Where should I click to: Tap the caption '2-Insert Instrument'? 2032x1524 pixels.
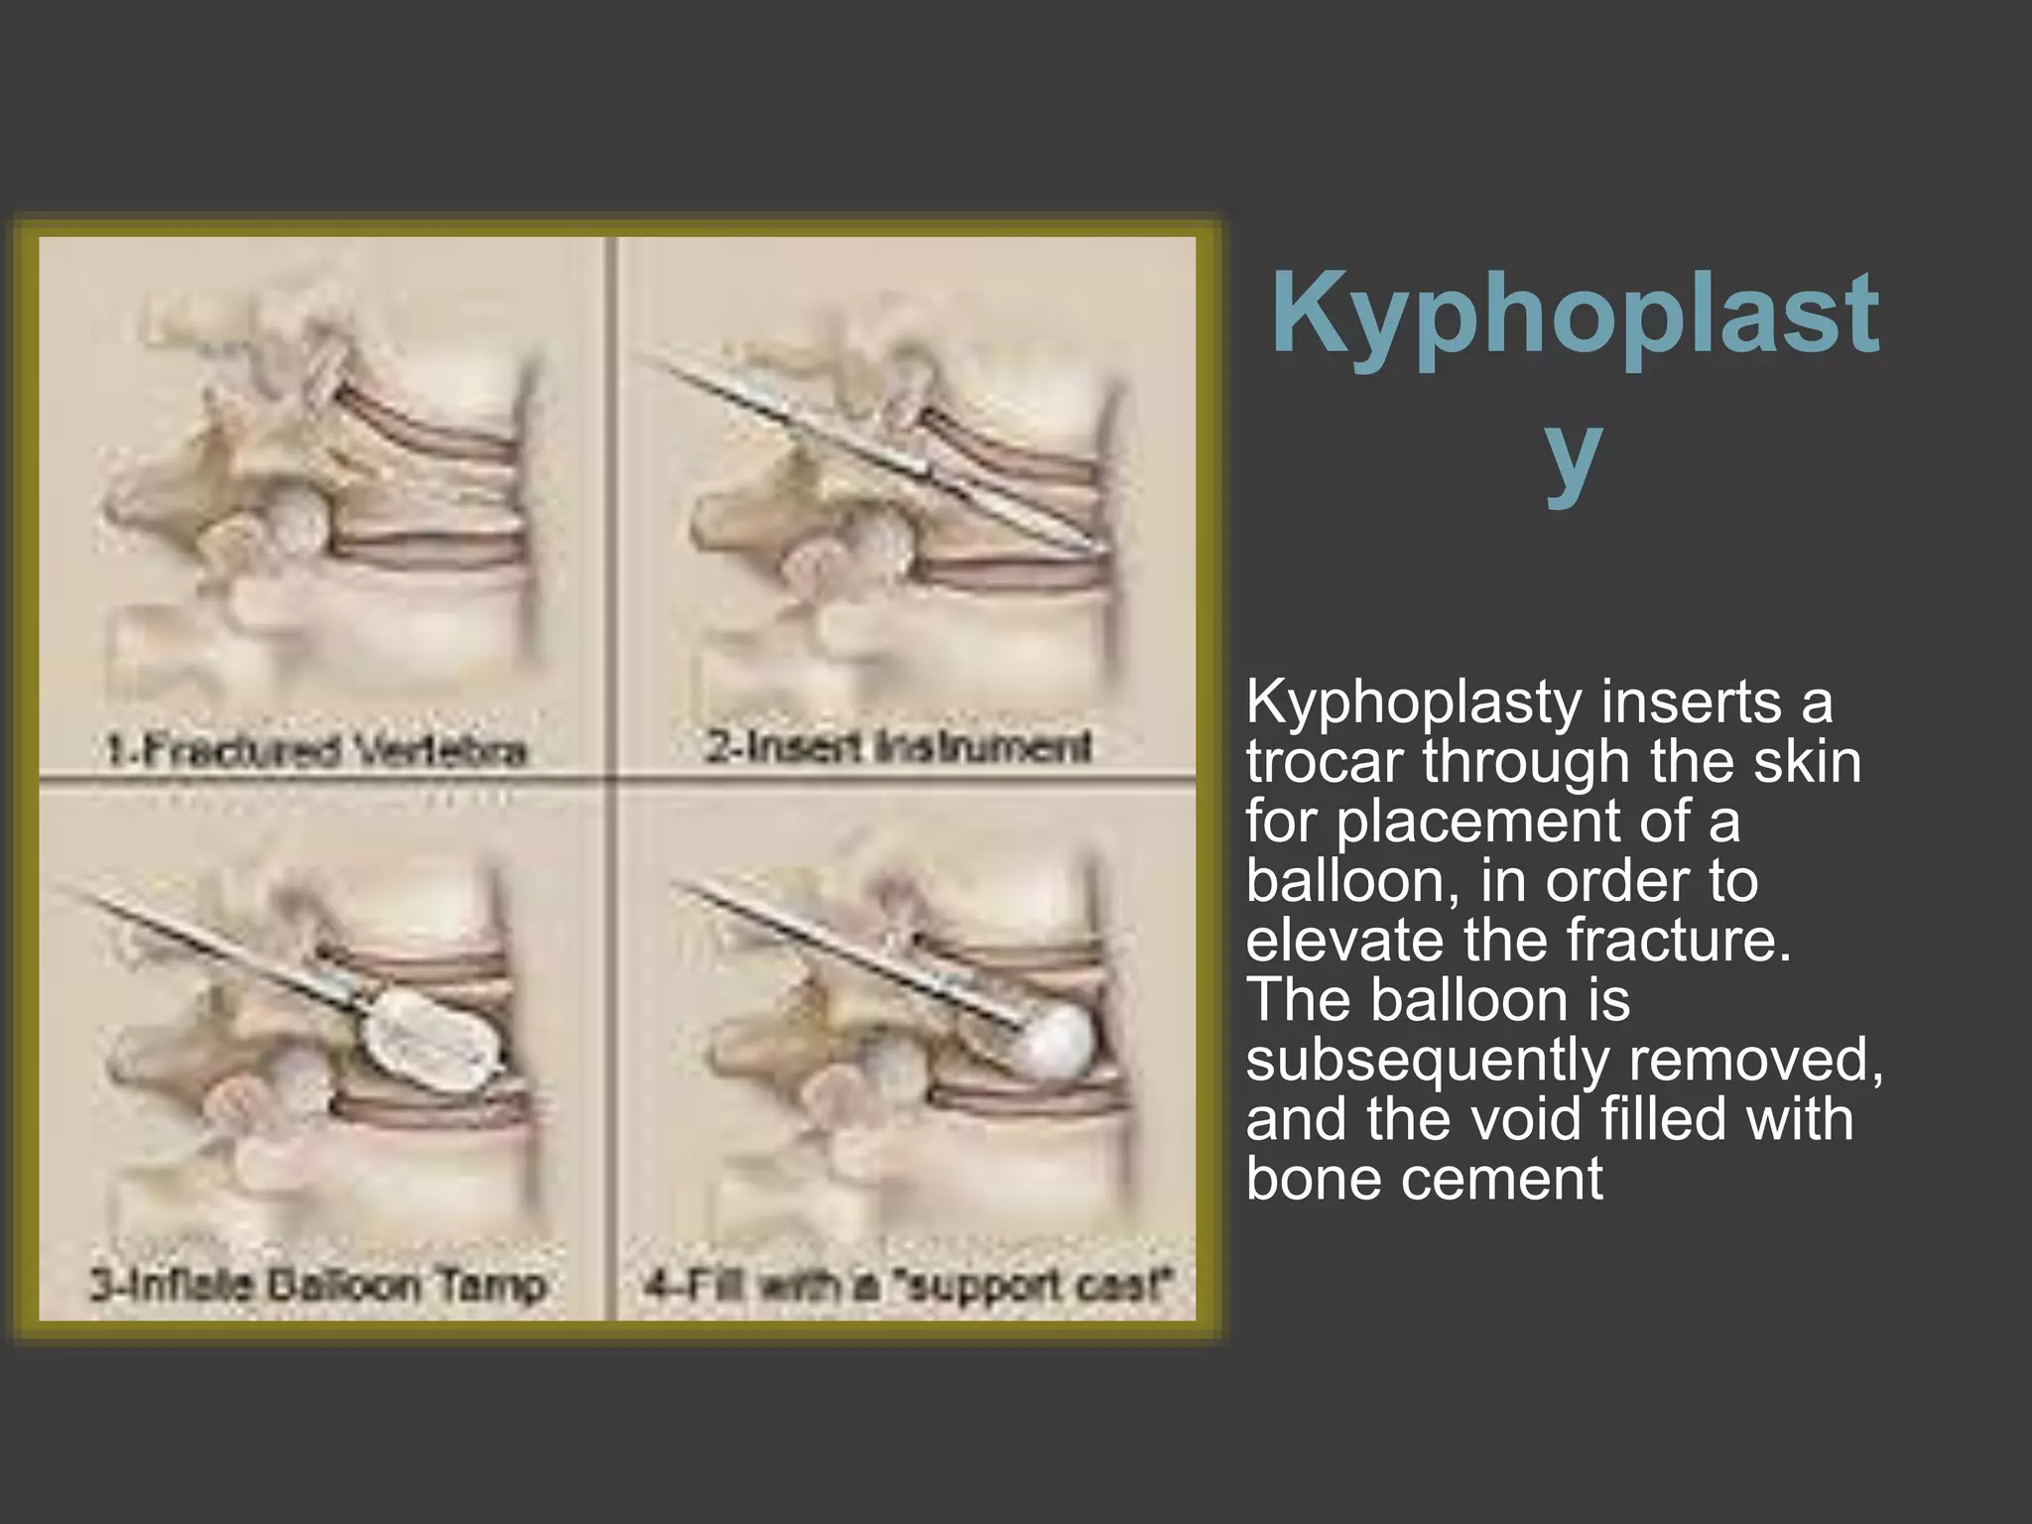click(x=899, y=746)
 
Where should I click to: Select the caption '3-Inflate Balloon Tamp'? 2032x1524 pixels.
click(x=317, y=1286)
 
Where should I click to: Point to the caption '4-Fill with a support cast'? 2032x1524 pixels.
click(x=907, y=1286)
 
